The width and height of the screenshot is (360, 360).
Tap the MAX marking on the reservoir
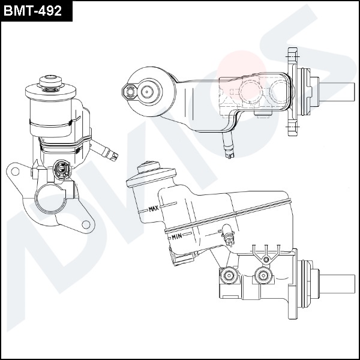coord(153,209)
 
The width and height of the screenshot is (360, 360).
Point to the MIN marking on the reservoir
coord(176,237)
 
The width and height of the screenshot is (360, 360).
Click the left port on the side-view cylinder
coord(228,277)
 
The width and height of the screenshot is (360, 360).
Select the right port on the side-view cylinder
coord(262,277)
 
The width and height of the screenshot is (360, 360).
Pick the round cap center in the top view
coord(147,91)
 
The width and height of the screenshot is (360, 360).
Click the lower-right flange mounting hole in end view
coord(86,224)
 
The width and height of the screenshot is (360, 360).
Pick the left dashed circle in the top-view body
coord(248,91)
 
